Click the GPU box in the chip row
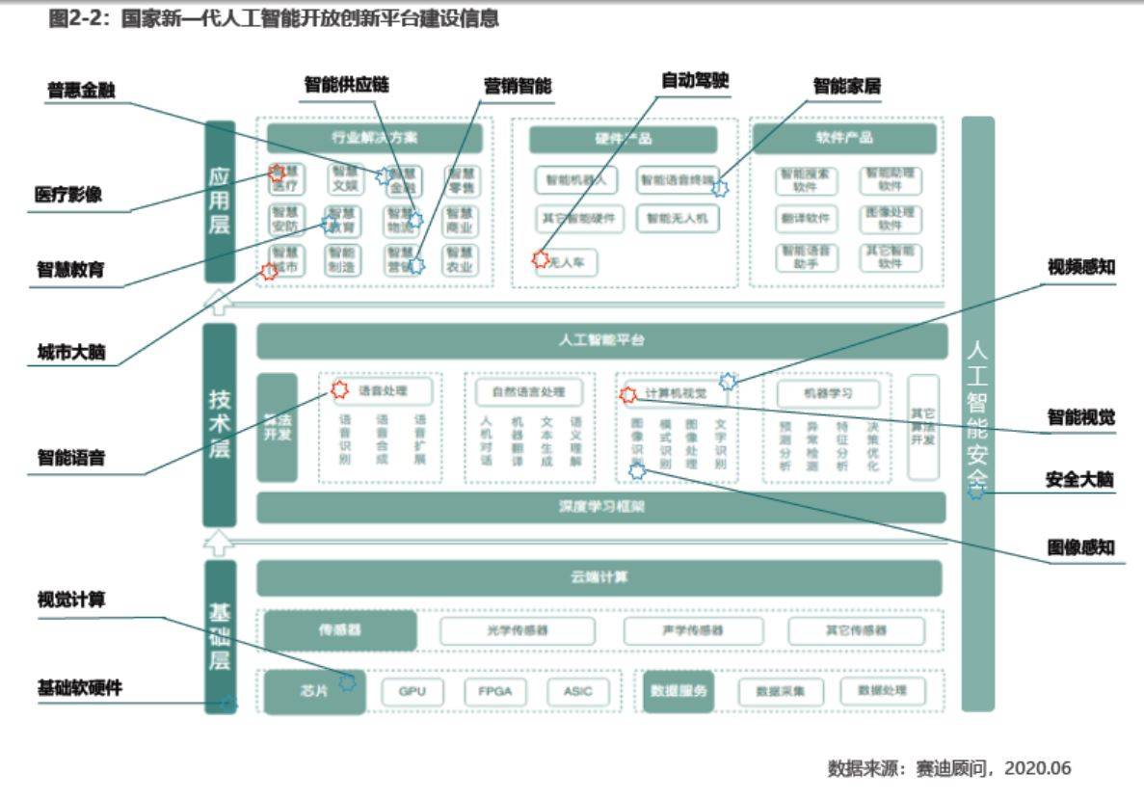(412, 691)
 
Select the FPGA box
(494, 691)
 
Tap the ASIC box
(578, 691)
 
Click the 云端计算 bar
(599, 577)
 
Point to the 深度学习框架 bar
(600, 507)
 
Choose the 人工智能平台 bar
(601, 340)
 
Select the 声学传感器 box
(692, 630)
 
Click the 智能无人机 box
(678, 219)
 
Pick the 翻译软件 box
(805, 219)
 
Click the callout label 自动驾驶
(695, 81)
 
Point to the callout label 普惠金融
(81, 91)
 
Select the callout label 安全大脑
(1079, 479)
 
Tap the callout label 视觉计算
(71, 600)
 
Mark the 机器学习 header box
(828, 393)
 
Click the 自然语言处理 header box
(528, 392)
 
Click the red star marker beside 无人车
(541, 259)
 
